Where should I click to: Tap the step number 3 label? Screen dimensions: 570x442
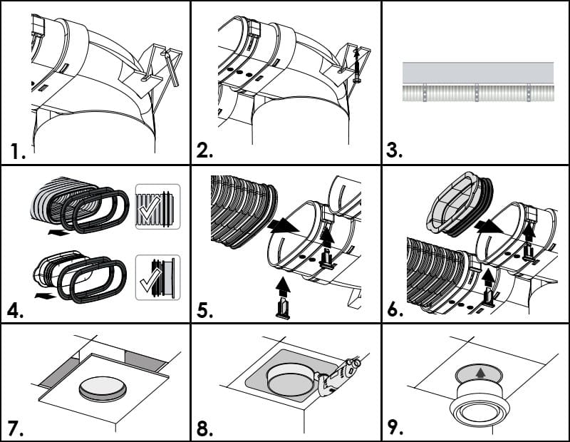[394, 150]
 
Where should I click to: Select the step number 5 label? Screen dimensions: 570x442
[205, 311]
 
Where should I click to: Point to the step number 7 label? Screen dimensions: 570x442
[16, 428]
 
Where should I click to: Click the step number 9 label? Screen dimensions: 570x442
[395, 428]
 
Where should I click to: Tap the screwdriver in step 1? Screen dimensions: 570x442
[170, 68]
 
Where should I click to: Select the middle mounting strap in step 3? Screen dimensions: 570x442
[477, 93]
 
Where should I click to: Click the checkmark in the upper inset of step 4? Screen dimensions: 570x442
[150, 207]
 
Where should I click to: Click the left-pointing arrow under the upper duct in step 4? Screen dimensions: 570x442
[58, 232]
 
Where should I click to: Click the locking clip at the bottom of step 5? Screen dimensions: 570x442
[283, 309]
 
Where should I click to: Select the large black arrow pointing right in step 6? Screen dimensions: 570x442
[489, 226]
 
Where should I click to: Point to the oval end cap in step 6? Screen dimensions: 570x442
[459, 203]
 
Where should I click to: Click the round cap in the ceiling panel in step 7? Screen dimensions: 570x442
[103, 389]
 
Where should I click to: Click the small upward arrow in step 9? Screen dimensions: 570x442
[481, 373]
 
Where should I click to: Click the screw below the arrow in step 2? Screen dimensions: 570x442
[357, 72]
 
